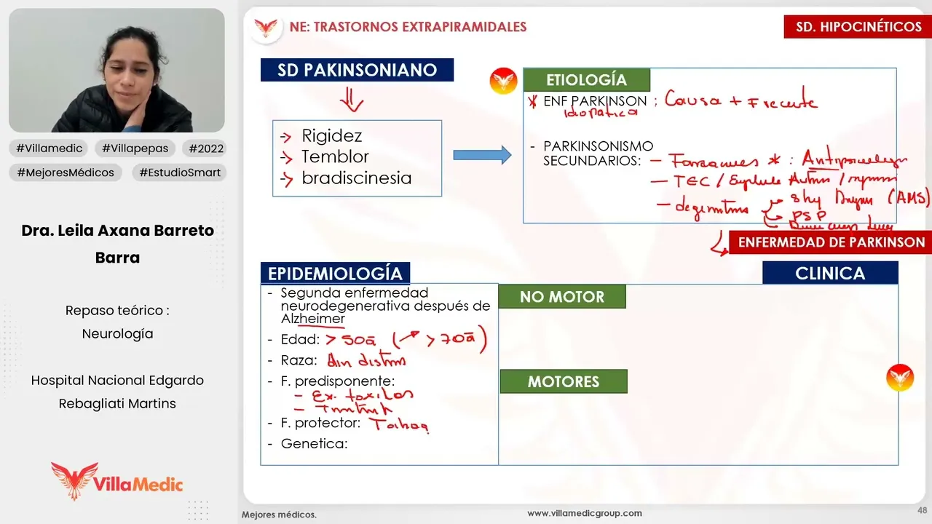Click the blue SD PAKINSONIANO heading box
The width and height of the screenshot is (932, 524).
click(357, 70)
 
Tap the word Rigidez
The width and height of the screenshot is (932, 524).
click(331, 136)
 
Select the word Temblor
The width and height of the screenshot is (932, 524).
click(335, 156)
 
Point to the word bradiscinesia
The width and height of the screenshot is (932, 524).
click(356, 178)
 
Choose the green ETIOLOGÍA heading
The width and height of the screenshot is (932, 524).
click(585, 80)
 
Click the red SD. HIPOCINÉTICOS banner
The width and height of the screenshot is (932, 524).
click(858, 27)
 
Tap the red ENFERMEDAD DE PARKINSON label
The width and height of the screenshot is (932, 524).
click(831, 242)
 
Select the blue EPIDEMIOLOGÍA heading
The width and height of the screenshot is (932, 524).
click(335, 274)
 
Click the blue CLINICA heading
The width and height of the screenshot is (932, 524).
click(830, 274)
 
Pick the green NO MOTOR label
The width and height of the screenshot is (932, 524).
click(561, 297)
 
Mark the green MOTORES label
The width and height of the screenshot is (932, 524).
click(563, 381)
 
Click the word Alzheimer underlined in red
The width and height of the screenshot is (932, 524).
click(313, 319)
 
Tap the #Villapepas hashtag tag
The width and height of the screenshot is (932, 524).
click(135, 148)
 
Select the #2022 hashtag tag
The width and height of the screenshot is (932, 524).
click(206, 148)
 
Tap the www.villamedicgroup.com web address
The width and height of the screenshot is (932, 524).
click(585, 513)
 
